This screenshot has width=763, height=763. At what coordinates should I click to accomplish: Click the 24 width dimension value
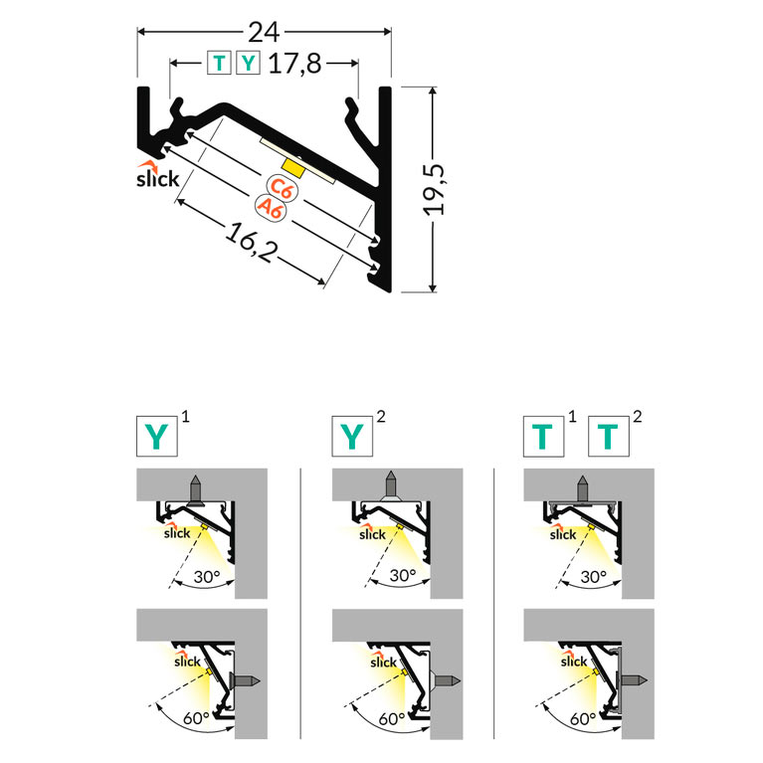[264, 33]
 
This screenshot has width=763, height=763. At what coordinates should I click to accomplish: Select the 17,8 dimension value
[294, 64]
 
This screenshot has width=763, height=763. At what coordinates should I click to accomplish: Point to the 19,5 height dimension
[434, 189]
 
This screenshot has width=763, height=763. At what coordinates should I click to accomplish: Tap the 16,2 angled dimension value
[250, 243]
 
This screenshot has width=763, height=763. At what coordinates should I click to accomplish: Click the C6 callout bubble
[282, 188]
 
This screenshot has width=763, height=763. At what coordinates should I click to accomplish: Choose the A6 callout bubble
[271, 209]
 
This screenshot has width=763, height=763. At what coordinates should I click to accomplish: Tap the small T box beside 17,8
[219, 63]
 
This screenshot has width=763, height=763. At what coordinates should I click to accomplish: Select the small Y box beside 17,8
[248, 63]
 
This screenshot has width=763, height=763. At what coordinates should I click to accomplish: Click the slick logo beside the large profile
[157, 175]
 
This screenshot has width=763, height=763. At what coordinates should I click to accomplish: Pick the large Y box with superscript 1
[157, 437]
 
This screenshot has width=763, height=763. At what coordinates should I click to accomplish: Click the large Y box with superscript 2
[352, 437]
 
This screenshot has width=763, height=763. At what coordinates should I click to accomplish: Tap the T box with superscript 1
[543, 437]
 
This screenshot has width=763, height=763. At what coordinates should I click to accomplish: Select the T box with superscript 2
[609, 437]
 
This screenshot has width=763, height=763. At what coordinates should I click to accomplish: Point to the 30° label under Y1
[207, 577]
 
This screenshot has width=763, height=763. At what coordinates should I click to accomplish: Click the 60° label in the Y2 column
[392, 718]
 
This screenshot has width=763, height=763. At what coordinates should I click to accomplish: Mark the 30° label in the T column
[594, 577]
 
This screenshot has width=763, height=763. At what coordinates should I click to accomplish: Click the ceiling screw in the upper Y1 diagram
[195, 490]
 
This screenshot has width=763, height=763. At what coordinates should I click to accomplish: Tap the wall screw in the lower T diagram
[631, 680]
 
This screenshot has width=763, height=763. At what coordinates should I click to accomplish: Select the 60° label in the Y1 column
[196, 718]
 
